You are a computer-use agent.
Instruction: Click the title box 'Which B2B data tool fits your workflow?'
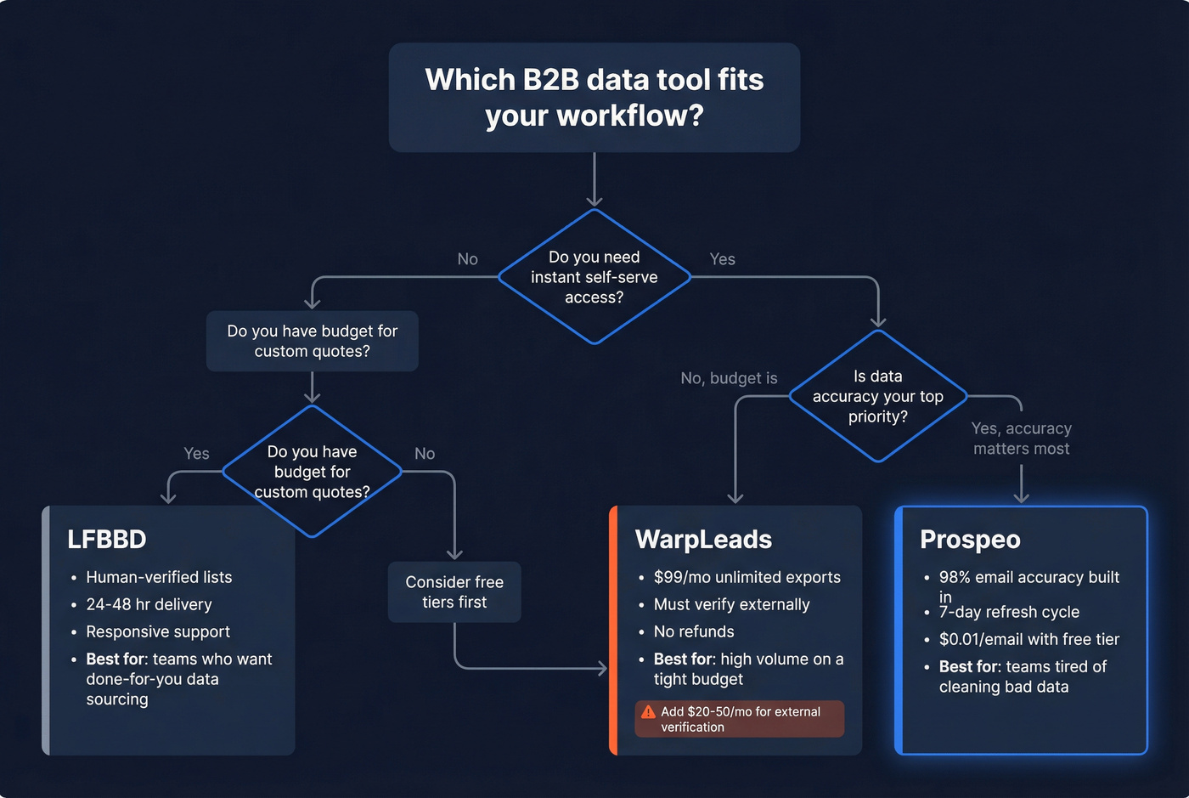point(594,98)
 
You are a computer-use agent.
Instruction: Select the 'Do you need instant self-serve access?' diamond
point(594,277)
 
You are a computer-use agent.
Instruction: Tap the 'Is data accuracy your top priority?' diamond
point(877,396)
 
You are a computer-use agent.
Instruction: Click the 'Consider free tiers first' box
point(454,592)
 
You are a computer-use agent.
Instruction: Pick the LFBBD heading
point(107,540)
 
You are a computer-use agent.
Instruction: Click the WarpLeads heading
point(703,540)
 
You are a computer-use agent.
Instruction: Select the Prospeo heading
point(970,540)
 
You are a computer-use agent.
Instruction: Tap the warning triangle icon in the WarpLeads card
point(649,712)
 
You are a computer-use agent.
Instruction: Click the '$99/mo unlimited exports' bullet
point(747,577)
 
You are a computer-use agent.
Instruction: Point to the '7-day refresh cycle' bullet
point(1009,612)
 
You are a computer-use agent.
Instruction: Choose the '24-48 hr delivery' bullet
point(149,604)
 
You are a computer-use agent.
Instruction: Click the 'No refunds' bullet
point(694,631)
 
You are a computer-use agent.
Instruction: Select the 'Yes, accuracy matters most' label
point(1021,439)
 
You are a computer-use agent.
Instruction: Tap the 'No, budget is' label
point(729,378)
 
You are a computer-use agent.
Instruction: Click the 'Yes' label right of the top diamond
point(722,259)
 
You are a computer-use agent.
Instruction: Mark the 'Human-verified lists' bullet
point(159,577)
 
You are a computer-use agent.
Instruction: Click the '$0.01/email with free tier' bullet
point(1028,639)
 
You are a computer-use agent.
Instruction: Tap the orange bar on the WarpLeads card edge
point(613,630)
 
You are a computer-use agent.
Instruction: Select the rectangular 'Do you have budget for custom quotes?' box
point(312,341)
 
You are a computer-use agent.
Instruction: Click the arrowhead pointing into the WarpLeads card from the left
point(603,669)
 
